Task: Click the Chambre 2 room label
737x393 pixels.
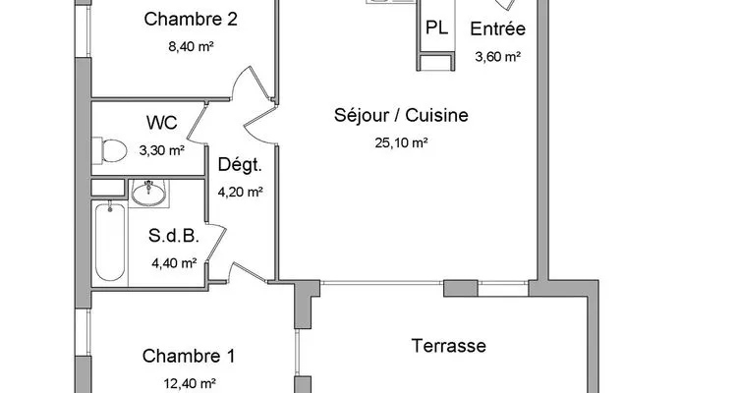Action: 191,20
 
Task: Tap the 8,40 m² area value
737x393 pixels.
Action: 192,46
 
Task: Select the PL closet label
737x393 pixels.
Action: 436,28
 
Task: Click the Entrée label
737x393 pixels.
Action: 498,28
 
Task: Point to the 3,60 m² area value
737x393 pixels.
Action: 498,57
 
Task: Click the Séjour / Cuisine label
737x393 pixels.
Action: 401,115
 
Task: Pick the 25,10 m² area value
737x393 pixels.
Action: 401,142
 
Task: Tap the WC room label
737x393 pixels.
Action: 162,123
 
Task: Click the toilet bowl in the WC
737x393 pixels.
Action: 110,151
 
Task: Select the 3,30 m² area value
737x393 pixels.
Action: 162,150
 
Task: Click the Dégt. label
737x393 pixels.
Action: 240,165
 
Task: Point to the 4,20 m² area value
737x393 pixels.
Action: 240,192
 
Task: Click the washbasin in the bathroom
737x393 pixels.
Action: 148,193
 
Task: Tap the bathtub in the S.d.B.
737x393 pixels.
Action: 110,242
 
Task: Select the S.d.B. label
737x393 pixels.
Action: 174,236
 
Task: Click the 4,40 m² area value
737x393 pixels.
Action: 174,263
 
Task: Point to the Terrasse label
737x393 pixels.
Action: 449,346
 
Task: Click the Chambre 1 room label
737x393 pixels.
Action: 189,357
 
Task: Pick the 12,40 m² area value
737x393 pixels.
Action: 190,384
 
